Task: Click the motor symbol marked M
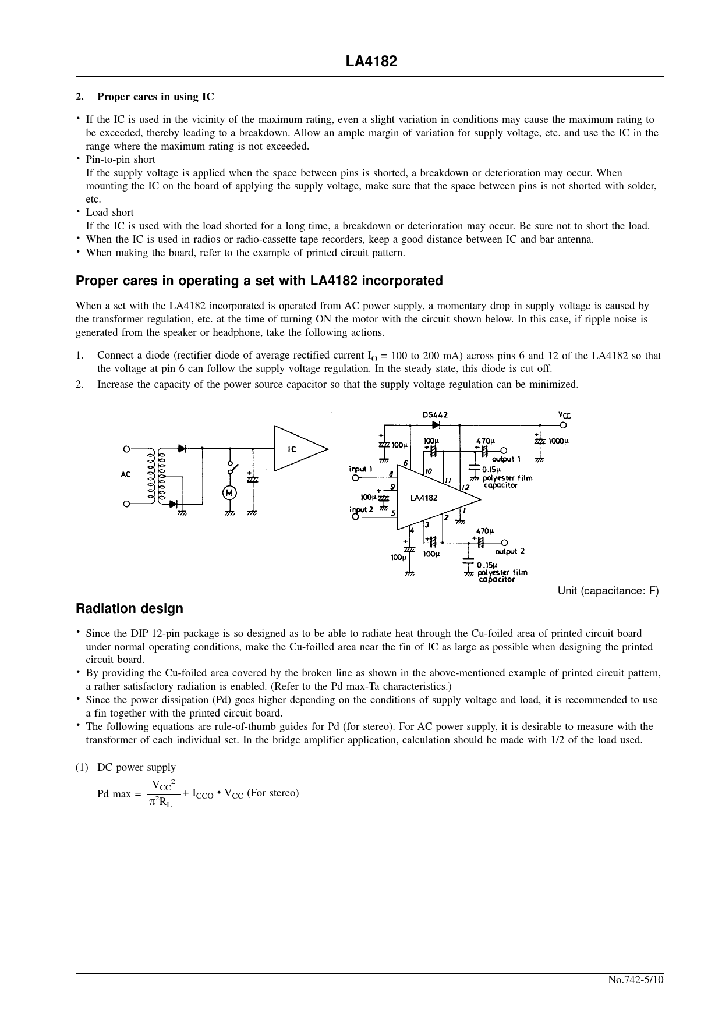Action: pos(229,492)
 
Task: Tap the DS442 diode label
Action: pos(435,414)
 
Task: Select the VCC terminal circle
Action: pos(564,424)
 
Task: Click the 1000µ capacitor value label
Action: pos(558,441)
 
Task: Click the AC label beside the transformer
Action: pos(126,474)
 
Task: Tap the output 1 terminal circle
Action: pos(504,450)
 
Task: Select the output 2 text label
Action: pos(510,551)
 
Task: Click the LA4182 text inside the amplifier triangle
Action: pos(423,498)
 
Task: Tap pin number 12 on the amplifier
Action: pos(465,487)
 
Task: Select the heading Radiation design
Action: pos(129,608)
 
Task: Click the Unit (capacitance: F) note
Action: pos(608,591)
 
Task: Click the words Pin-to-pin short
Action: pos(121,159)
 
